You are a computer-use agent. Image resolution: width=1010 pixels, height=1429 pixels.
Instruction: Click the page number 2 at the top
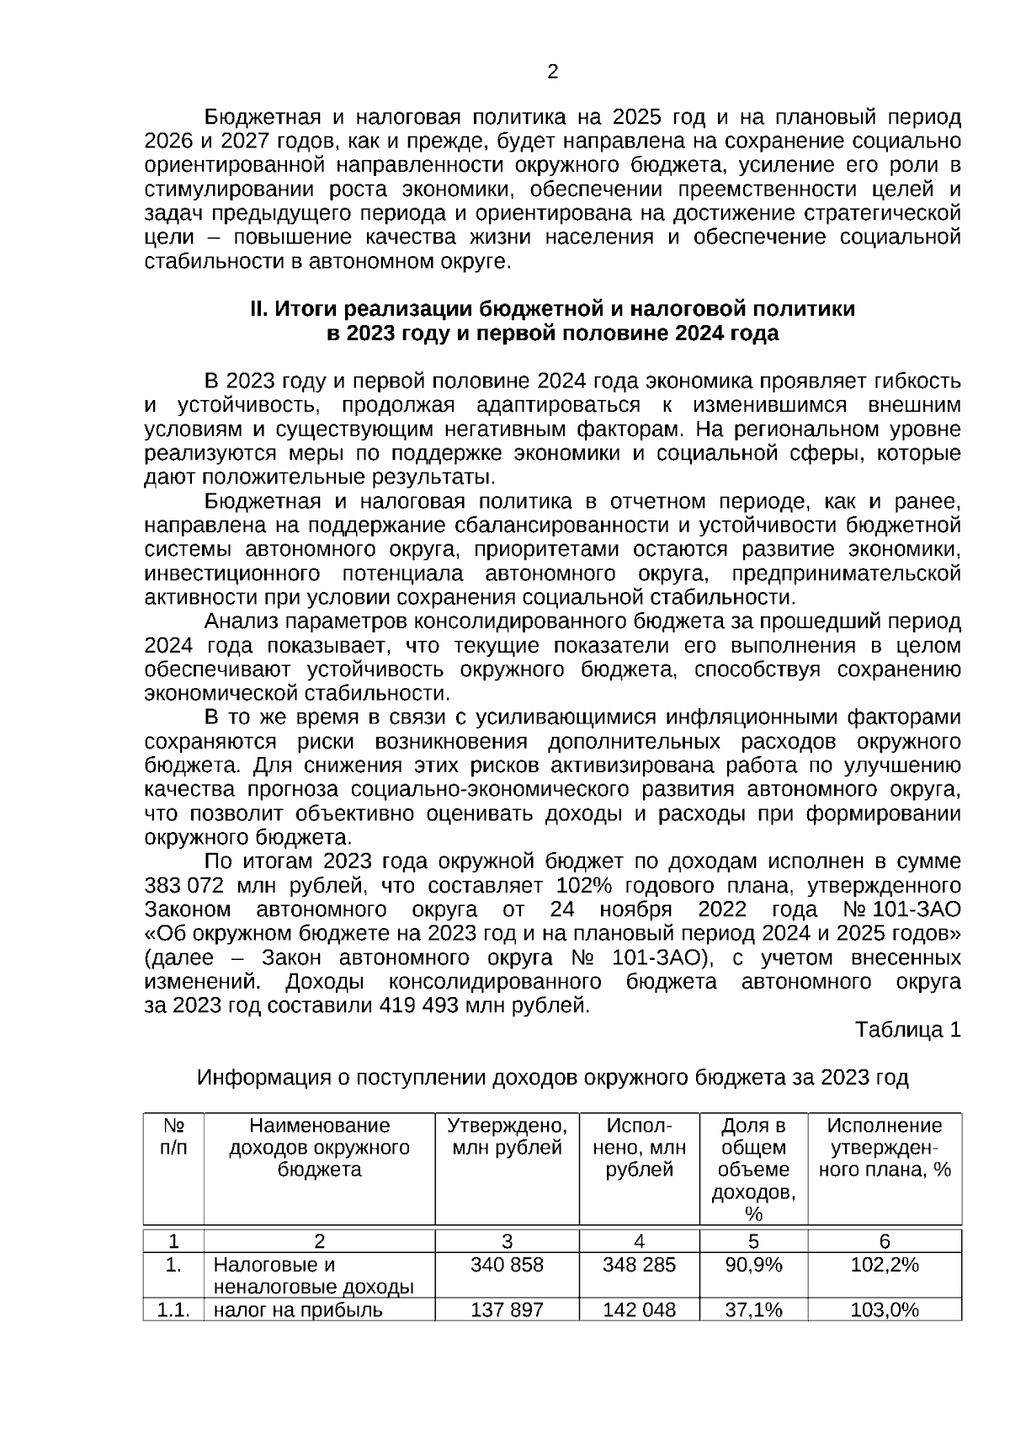[x=553, y=72]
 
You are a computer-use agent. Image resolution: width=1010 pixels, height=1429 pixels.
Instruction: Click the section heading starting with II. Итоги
[x=552, y=322]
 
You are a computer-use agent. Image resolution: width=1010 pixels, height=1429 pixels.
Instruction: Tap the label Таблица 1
[x=907, y=1029]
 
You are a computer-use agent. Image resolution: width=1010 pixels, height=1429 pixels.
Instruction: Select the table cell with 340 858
[x=507, y=1265]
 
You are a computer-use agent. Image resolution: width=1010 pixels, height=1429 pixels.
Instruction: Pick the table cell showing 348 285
[x=639, y=1265]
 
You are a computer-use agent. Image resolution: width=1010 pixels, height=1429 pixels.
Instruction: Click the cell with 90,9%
[x=753, y=1265]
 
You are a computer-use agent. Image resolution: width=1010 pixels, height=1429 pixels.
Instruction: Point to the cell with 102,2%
[x=885, y=1265]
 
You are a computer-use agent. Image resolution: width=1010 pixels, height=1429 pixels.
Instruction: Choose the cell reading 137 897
[x=507, y=1310]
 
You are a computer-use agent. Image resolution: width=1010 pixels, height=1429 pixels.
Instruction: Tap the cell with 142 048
[x=639, y=1310]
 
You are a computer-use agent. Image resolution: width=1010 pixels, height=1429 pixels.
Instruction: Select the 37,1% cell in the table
[x=753, y=1310]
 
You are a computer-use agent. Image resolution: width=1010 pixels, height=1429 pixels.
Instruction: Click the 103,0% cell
[x=885, y=1310]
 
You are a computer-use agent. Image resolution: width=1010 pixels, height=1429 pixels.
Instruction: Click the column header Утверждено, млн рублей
[x=507, y=1137]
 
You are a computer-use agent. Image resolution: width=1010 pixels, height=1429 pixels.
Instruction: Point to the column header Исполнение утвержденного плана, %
[x=885, y=1148]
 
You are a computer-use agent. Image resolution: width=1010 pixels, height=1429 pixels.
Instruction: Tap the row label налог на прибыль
[x=298, y=1310]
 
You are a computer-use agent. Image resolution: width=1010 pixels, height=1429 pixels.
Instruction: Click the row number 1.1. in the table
[x=173, y=1310]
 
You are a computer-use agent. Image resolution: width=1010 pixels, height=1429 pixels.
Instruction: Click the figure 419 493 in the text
[x=418, y=1005]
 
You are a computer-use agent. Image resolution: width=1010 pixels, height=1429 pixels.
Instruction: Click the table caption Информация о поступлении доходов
[x=552, y=1077]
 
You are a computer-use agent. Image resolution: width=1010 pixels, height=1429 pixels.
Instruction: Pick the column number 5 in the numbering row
[x=753, y=1240]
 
